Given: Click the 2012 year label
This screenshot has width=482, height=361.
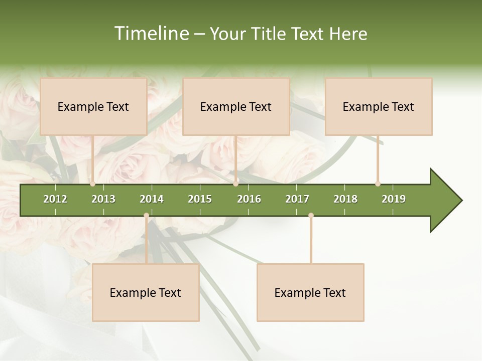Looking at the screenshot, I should (x=55, y=199).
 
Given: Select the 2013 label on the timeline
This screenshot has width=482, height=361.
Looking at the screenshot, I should (x=103, y=199).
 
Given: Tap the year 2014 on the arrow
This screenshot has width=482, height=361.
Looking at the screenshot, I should (x=152, y=199).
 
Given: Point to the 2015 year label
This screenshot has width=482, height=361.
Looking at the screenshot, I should (x=200, y=199).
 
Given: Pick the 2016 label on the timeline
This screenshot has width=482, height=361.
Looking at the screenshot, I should (x=249, y=199).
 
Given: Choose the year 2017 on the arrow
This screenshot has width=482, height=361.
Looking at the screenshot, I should (x=297, y=199).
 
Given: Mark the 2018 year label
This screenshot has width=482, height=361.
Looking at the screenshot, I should (x=345, y=199).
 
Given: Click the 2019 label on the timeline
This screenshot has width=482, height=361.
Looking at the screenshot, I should (x=394, y=199).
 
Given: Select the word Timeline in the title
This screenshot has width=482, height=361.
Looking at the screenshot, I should (x=151, y=34).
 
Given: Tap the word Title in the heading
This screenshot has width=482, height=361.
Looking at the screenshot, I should (x=271, y=34).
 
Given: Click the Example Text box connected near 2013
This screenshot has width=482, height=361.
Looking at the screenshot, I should (x=93, y=106).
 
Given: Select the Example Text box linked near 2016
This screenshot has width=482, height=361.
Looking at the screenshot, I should (x=236, y=106).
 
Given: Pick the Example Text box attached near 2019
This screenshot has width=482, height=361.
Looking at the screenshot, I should (x=379, y=106).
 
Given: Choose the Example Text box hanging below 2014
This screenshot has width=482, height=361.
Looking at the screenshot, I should (x=146, y=292).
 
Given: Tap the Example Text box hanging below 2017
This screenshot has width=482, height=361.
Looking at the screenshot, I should (x=310, y=292).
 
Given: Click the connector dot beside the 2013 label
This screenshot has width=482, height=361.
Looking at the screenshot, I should (x=92, y=184).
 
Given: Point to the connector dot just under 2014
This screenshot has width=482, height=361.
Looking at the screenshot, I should (x=146, y=216).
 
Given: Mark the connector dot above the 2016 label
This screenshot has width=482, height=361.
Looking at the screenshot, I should (x=236, y=184).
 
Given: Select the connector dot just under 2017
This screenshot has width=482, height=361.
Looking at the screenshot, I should (x=311, y=216).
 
